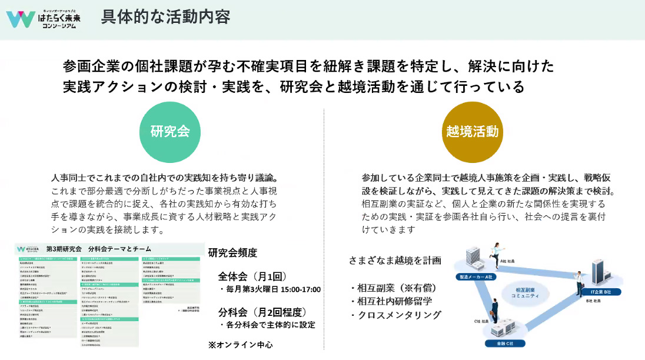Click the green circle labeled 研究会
pyautogui.click(x=170, y=131)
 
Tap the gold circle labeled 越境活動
pyautogui.click(x=473, y=131)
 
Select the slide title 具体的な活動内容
pyautogui.click(x=165, y=17)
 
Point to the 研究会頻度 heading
pyautogui.click(x=232, y=252)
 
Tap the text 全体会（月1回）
pyautogui.click(x=252, y=276)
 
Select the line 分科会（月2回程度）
pyautogui.click(x=262, y=312)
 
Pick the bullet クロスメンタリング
pyautogui.click(x=395, y=315)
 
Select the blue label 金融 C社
pyautogui.click(x=502, y=343)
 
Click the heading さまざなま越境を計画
pyautogui.click(x=394, y=260)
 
